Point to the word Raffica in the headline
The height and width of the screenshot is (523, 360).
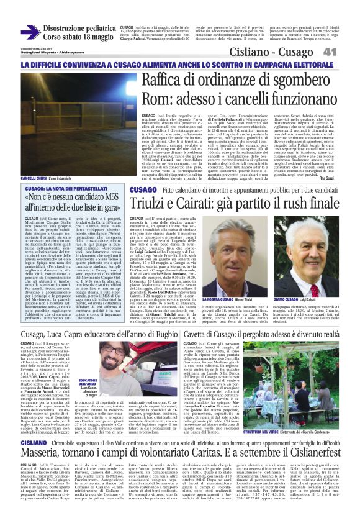165,80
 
